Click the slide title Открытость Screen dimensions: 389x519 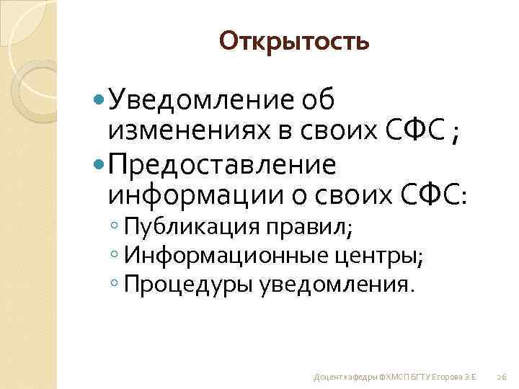(x=294, y=41)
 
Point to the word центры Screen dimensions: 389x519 (x=378, y=256)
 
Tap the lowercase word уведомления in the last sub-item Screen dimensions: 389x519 (x=337, y=284)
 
